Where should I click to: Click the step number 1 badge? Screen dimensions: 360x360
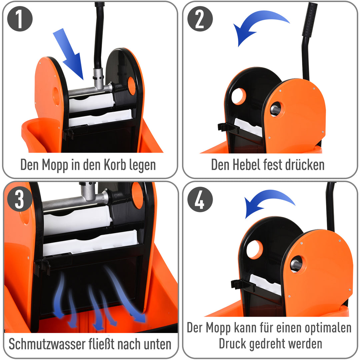click(20, 19)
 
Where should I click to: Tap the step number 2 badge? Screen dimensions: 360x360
click(200, 19)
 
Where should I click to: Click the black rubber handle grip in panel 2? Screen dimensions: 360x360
click(309, 20)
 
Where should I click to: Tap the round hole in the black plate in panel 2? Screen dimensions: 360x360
click(238, 96)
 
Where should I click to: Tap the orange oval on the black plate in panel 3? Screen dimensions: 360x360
click(137, 195)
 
